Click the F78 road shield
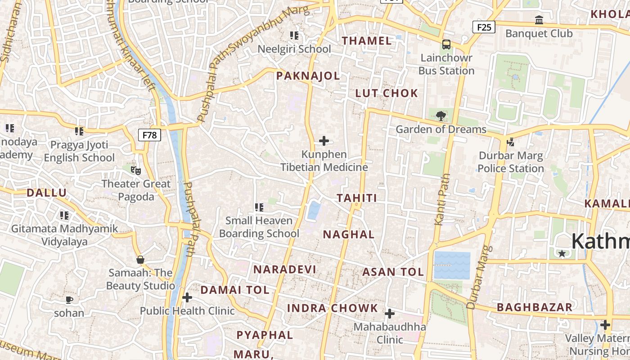(149, 135)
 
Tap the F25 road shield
(484, 27)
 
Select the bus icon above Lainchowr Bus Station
(446, 45)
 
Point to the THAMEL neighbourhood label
(366, 40)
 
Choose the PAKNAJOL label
(308, 76)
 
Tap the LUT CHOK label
(387, 93)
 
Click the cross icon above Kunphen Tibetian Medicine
(324, 141)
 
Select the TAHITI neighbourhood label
(356, 198)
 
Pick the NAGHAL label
(349, 234)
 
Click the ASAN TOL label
(393, 272)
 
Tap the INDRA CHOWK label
(333, 308)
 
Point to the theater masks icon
(135, 170)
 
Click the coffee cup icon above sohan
(69, 300)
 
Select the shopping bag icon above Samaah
(140, 260)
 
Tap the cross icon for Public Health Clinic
(187, 297)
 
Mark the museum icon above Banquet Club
(539, 20)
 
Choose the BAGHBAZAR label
(534, 307)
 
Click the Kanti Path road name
(442, 199)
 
